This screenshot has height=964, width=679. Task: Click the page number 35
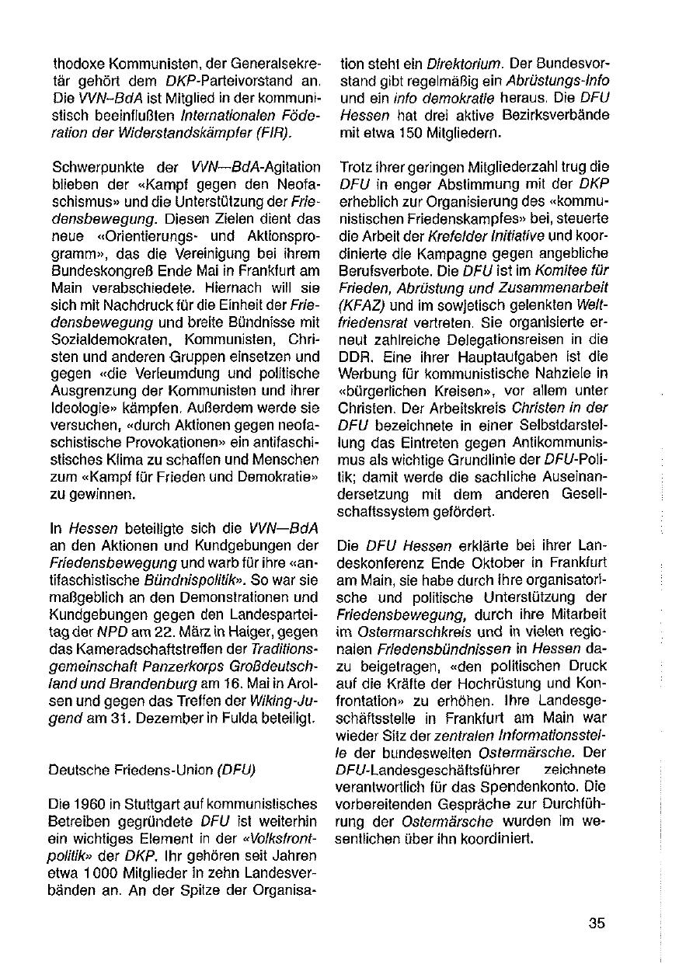coord(597,924)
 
